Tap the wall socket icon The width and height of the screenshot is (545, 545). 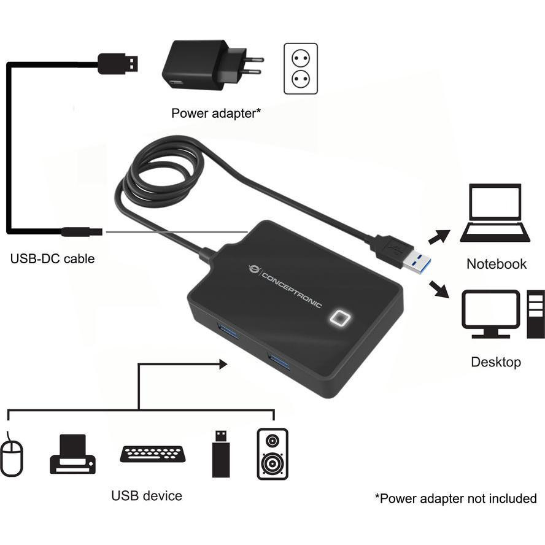coord(301,68)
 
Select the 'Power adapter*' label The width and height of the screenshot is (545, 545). coord(215,113)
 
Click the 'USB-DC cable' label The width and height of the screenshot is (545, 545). coord(53,258)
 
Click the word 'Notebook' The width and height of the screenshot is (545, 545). coord(497,264)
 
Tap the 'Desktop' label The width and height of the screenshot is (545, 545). coord(496,362)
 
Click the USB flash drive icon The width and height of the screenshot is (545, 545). coord(220,454)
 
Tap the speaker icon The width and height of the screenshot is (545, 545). coord(272,454)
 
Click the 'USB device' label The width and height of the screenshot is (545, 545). coord(147,495)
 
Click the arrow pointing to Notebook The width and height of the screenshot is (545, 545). coord(439,236)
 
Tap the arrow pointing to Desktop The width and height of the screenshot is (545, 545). coord(439,289)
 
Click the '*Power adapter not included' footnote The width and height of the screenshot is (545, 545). coord(455,498)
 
